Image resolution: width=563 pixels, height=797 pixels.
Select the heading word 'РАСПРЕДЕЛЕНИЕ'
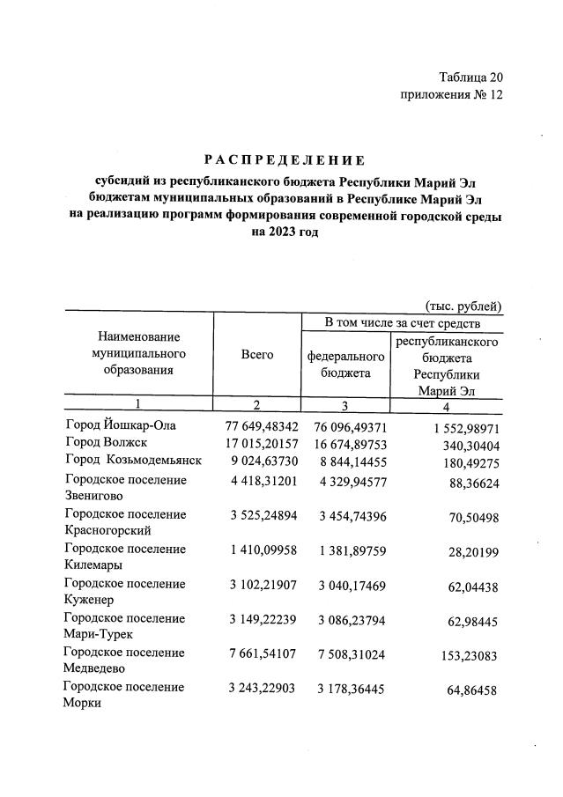[285, 160]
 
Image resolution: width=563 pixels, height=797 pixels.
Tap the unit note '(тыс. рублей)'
[463, 306]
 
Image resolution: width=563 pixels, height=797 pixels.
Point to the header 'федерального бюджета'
[346, 365]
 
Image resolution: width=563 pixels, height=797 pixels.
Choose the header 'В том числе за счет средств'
[402, 323]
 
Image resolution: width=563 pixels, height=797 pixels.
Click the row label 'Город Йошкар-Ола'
[121, 426]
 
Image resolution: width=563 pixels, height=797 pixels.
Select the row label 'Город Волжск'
[106, 443]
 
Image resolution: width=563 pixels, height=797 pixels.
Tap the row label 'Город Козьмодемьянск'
[133, 461]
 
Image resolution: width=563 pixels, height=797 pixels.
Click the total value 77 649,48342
[262, 426]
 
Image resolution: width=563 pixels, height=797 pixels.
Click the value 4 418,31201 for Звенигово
[262, 480]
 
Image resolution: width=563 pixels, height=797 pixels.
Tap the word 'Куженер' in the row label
[91, 599]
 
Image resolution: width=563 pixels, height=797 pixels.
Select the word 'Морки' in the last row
[83, 703]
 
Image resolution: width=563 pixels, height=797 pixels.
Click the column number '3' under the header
[346, 406]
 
